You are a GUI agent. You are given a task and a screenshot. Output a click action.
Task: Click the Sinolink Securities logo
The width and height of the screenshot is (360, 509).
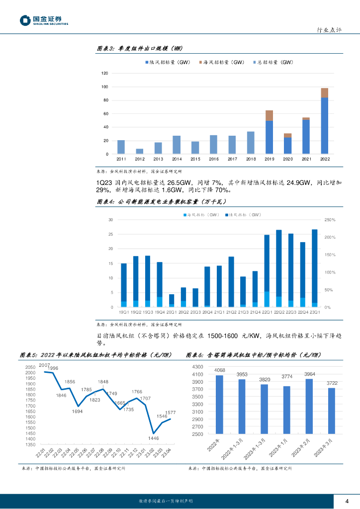point(44,20)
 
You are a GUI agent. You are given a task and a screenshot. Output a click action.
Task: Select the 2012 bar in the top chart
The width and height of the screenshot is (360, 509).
point(140,151)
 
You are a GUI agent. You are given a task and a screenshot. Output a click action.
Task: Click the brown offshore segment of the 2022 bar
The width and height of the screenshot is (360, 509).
point(324,92)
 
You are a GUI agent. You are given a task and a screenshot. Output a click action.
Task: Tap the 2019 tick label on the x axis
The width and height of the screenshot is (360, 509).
point(269,159)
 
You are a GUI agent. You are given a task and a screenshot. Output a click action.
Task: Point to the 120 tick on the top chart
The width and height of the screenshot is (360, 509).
point(104,73)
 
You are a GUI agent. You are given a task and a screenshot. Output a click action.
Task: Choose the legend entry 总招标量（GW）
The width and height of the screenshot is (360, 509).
point(274,63)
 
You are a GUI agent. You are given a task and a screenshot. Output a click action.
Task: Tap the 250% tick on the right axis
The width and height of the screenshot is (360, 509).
point(330,220)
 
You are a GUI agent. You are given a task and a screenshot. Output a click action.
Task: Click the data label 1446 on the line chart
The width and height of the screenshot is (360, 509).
point(153,438)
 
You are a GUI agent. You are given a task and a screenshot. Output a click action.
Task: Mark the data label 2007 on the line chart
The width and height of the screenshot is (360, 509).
point(44,365)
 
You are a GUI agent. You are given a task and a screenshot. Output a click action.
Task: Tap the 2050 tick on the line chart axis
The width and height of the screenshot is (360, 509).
point(30,367)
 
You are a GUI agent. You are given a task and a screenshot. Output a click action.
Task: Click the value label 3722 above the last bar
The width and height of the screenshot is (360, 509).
point(332,382)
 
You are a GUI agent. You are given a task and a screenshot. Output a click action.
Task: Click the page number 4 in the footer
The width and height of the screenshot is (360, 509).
point(347,501)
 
